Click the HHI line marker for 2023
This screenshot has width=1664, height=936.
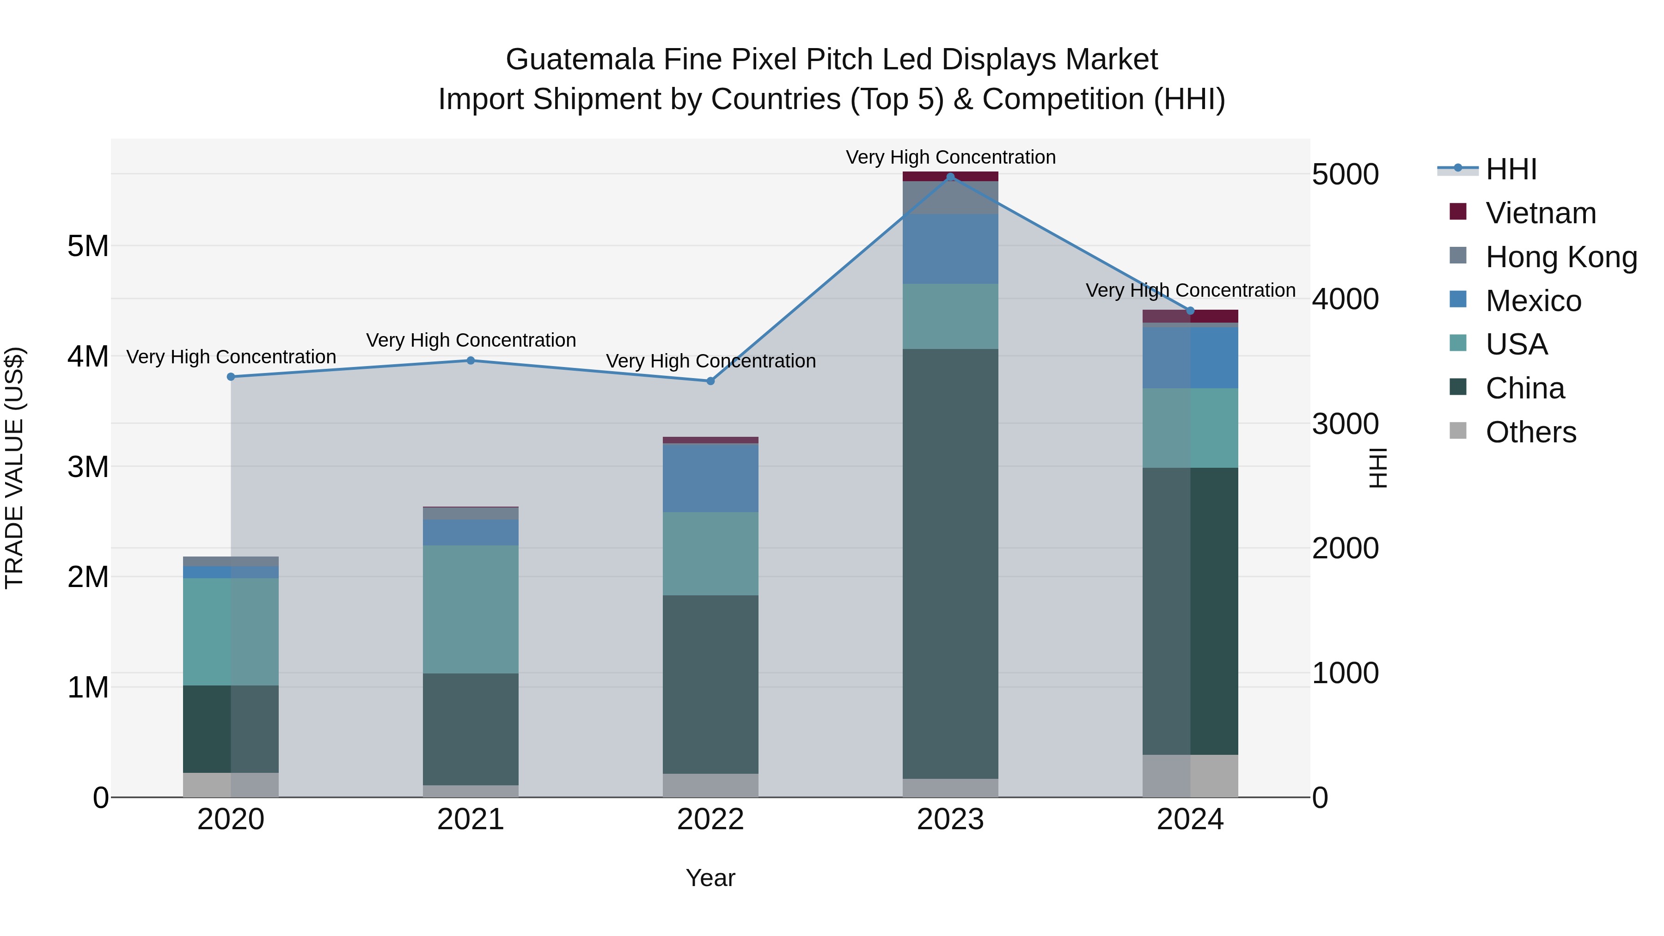tap(950, 177)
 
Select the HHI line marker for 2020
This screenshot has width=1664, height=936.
tap(231, 377)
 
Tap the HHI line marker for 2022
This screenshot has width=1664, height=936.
tap(710, 381)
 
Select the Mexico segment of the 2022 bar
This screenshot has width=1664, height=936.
tap(710, 478)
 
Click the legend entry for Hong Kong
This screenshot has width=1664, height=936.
tap(1560, 257)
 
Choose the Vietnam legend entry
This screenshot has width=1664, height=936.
tap(1540, 213)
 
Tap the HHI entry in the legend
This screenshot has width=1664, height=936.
tap(1510, 169)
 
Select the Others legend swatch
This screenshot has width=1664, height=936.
tap(1458, 431)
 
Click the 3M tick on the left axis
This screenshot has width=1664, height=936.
tap(88, 466)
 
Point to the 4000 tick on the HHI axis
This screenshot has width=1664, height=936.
tap(1345, 299)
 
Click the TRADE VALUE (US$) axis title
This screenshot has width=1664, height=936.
tap(15, 468)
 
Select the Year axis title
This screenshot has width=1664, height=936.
tap(710, 878)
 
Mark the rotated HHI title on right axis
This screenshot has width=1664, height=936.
tap(1378, 468)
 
